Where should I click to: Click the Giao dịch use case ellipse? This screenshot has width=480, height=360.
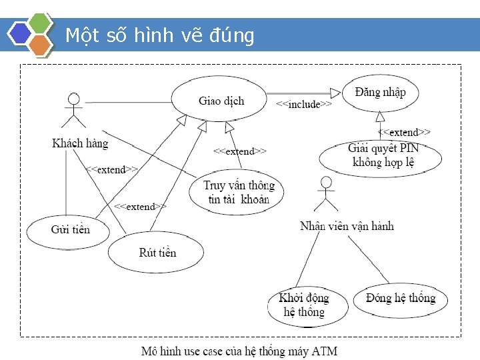coord(221,101)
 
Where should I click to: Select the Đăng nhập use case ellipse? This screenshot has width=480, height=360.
coord(381,92)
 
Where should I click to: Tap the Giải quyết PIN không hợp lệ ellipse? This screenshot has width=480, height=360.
coord(381,156)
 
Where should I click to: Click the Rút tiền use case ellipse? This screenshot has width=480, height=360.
coord(157,253)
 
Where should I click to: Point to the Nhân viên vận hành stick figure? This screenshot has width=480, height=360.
coord(325,194)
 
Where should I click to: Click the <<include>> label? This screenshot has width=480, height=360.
coord(304,105)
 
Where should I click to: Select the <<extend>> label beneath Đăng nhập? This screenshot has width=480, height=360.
coord(404,133)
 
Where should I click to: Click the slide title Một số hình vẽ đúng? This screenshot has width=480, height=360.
coord(160,35)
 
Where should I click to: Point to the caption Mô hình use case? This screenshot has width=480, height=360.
coord(239,351)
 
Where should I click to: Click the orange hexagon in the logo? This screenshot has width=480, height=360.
coord(41,44)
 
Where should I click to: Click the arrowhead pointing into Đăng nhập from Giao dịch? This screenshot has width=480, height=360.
coord(335,93)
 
